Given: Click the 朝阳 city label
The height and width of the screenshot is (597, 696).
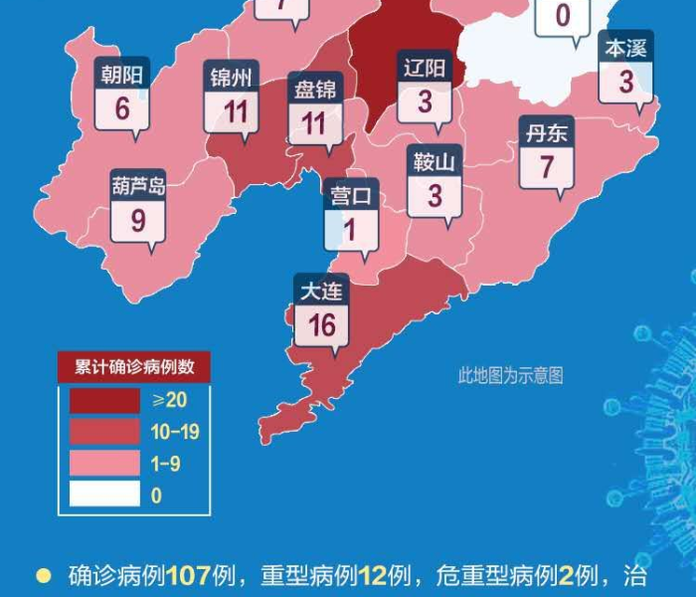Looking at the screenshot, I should click(122, 74).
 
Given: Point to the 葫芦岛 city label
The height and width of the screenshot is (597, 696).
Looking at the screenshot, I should click(138, 185).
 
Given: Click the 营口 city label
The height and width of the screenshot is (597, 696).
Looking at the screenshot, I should click(352, 195).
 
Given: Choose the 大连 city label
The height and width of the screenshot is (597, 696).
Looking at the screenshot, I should click(321, 292).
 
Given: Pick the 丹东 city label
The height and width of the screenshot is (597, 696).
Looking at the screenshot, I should click(545, 132).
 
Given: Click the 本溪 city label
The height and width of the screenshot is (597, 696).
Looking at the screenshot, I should click(626, 47).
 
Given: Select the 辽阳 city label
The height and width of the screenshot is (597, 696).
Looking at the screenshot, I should click(426, 69).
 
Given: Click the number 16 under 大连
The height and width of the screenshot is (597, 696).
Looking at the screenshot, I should click(321, 324).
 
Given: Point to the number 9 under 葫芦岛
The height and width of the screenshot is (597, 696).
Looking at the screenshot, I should click(138, 219).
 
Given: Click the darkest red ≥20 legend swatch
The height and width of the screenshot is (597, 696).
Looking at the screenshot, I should click(104, 400).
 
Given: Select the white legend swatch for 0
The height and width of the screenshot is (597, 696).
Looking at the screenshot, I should click(104, 495).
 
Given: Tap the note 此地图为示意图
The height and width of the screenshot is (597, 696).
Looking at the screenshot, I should click(510, 375).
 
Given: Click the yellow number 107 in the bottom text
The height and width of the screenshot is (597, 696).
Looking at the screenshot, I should click(188, 576).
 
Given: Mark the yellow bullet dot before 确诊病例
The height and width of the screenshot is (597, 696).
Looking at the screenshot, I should click(43, 575).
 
